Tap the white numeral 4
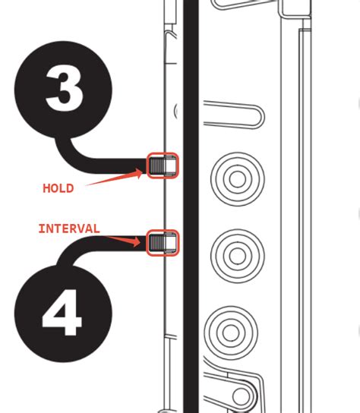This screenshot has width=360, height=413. (62, 313)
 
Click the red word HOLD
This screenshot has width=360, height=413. (58, 188)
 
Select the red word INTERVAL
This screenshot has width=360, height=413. (69, 229)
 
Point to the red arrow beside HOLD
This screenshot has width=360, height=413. (114, 177)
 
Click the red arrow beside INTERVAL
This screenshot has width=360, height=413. (123, 240)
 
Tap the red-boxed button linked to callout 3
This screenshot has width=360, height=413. (163, 166)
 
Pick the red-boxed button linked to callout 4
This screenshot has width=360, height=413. (163, 243)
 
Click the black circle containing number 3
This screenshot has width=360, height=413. (63, 90)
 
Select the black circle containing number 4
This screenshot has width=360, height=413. (63, 314)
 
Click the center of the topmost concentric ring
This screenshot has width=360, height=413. (238, 179)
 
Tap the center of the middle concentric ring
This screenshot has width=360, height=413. (238, 256)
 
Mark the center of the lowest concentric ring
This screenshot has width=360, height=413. (231, 333)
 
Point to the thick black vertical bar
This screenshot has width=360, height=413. (191, 206)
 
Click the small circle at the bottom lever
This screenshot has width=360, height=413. (241, 396)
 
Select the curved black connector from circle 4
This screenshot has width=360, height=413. (79, 246)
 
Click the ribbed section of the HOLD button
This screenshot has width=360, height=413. (157, 166)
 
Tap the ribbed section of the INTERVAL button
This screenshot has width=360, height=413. (157, 243)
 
